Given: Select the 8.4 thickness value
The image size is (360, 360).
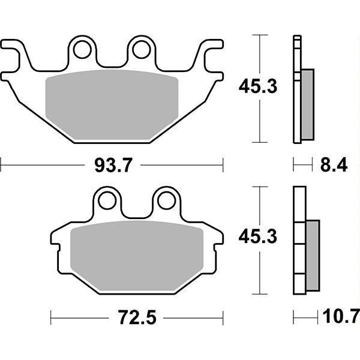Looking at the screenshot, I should [334, 165].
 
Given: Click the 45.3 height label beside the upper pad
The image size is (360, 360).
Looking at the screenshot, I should [257, 88].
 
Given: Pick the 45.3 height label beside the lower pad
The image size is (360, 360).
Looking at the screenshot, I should [257, 238].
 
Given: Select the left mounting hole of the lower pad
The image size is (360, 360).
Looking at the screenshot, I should [108, 200].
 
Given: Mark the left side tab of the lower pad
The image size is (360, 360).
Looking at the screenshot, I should [57, 240].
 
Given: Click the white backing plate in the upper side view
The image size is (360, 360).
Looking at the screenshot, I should [296, 90].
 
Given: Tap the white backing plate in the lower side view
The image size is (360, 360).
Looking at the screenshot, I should [299, 240].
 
